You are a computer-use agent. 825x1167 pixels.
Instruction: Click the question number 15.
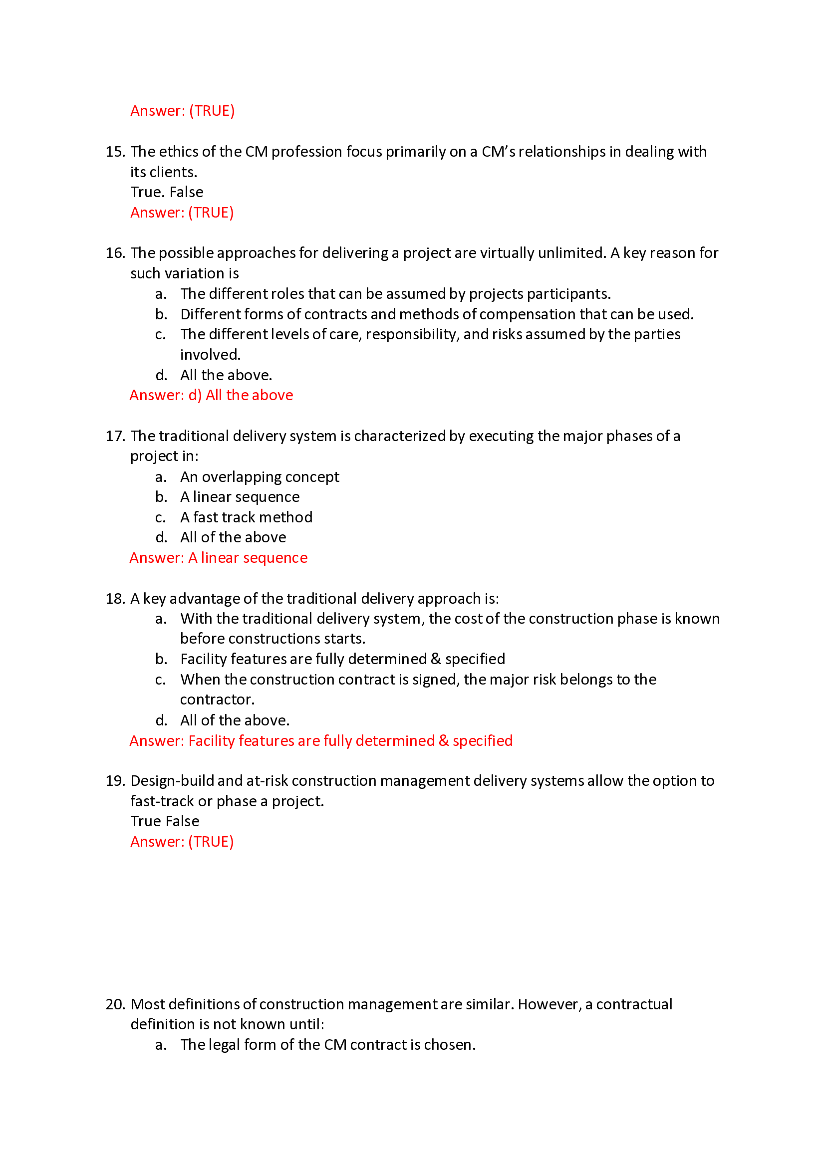(x=115, y=152)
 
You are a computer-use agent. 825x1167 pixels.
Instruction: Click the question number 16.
(x=115, y=253)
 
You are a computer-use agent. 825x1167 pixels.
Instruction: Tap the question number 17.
(x=115, y=436)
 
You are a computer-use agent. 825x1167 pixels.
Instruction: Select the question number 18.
(x=115, y=599)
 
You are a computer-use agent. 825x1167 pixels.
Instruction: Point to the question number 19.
(x=115, y=781)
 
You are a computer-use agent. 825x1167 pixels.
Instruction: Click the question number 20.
(x=115, y=1004)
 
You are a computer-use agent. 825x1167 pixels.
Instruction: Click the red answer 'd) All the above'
(x=241, y=396)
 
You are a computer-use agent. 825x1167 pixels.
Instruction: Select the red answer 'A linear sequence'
(x=248, y=558)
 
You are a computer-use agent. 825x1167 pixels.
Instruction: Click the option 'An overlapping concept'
(x=259, y=477)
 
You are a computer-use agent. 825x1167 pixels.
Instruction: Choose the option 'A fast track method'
(x=246, y=517)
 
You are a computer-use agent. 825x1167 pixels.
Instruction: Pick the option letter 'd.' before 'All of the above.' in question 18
(x=161, y=720)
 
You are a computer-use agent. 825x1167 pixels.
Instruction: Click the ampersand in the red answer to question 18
(x=444, y=741)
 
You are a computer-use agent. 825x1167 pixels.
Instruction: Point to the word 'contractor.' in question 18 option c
(x=217, y=700)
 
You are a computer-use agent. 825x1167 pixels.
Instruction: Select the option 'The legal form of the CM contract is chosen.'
(x=328, y=1044)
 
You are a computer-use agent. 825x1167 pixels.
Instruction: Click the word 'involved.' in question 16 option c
(x=210, y=355)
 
